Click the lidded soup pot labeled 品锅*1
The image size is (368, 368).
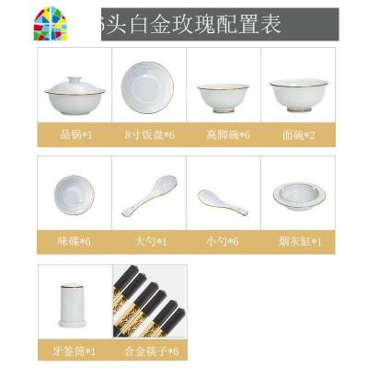pos(74,88)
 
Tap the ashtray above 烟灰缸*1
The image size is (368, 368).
pos(294,195)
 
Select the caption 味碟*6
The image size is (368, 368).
pos(74,241)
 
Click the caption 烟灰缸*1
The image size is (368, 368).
pos(294,241)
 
